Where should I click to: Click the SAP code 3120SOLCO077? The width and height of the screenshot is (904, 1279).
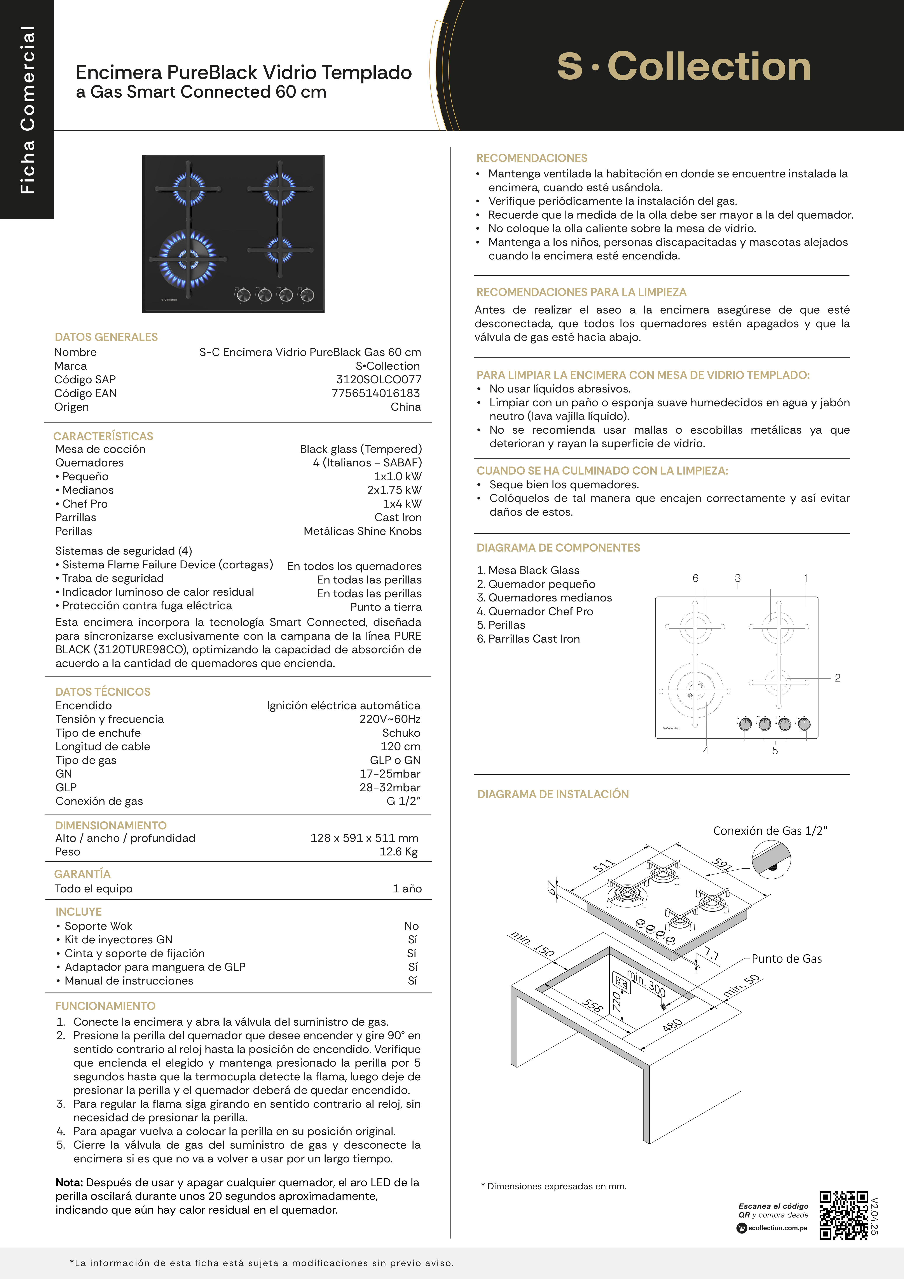tap(379, 379)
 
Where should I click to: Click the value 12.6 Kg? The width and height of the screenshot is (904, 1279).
tap(399, 852)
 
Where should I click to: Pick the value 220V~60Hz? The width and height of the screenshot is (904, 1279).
tap(390, 719)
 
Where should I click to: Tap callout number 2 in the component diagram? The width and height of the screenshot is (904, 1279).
tap(837, 678)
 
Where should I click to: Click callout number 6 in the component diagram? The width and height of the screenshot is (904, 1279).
tap(695, 578)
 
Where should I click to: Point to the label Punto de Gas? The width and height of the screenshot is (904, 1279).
tap(787, 959)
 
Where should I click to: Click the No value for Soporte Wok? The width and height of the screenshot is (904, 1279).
tap(411, 926)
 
